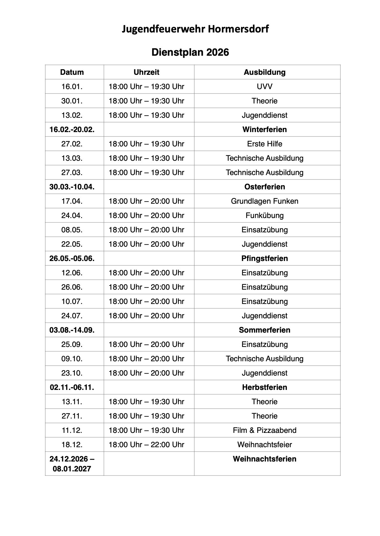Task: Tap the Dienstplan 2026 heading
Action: coord(190,52)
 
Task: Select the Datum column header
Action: coord(72,72)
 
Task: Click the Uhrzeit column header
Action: coord(146,72)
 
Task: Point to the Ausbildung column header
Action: coord(264,72)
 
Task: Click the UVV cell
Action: coord(264,87)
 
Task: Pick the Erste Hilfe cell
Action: coord(264,144)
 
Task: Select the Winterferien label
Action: coord(264,130)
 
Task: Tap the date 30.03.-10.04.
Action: coord(72,187)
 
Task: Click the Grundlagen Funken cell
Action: coord(264,201)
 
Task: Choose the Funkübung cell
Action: coord(264,215)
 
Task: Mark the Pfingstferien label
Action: coord(264,258)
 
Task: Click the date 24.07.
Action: coord(72,316)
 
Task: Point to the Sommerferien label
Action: coord(264,330)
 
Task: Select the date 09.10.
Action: coord(72,359)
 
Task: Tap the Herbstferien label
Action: coord(264,387)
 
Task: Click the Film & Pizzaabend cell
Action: coord(264,430)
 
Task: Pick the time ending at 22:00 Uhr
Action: coord(146,445)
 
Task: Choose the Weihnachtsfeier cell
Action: coord(264,445)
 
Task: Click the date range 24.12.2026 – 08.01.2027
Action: coord(72,464)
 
